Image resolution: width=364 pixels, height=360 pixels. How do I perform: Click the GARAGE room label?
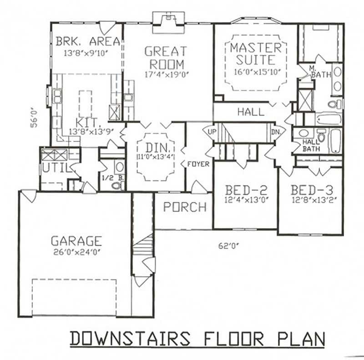[76, 240]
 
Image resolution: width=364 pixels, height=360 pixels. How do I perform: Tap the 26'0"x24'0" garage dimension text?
[76, 251]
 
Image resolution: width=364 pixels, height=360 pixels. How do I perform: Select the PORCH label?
[185, 207]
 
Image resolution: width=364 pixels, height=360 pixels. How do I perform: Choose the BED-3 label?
[310, 190]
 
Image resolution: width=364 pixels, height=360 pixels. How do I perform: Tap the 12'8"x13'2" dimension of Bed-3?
[310, 199]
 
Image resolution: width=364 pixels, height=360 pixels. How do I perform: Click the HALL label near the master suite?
[251, 111]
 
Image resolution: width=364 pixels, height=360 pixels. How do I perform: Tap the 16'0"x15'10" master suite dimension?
[255, 71]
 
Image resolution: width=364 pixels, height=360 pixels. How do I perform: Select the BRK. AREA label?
[88, 42]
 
